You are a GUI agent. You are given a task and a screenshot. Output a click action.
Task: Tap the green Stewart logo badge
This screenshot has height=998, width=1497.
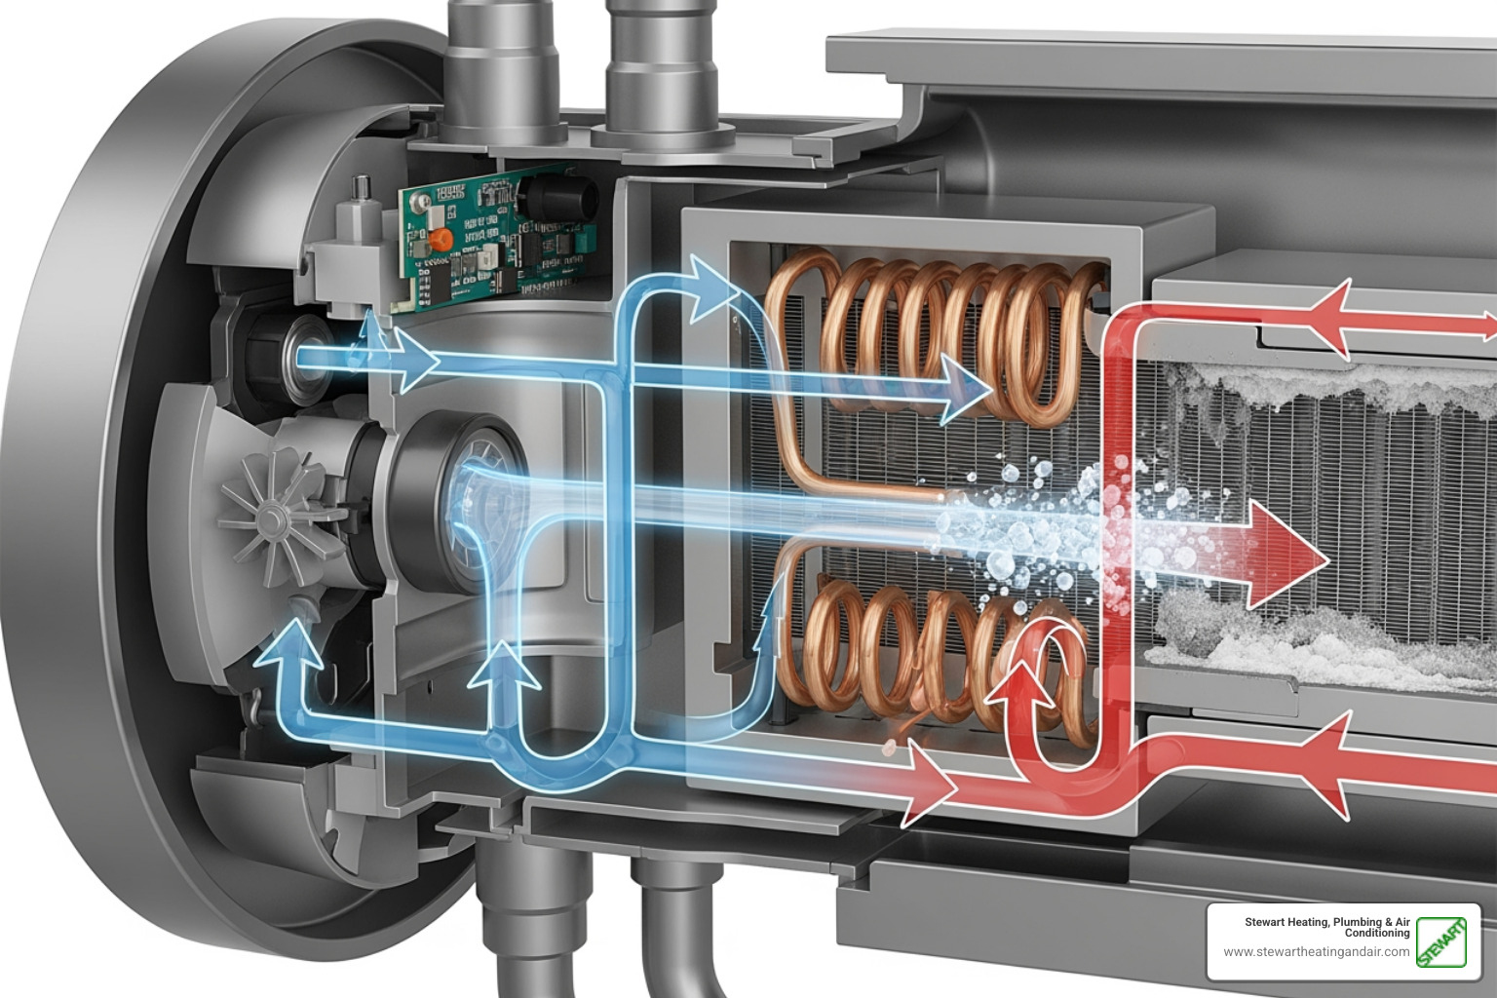[1441, 941]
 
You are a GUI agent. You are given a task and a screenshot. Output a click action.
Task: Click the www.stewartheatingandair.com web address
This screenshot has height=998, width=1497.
[1316, 952]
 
